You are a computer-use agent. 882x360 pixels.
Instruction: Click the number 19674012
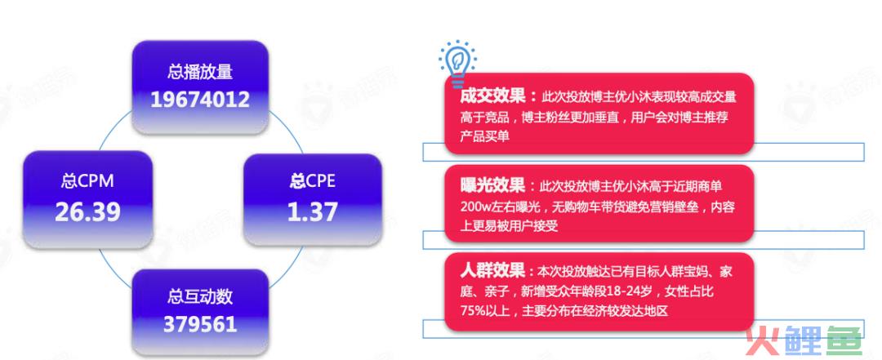pos(200,100)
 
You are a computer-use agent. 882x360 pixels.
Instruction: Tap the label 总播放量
pos(200,72)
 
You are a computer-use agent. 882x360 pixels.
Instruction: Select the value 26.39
pos(87,212)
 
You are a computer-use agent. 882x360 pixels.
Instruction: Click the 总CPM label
pos(87,181)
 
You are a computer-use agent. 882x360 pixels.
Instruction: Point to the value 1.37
pos(313,212)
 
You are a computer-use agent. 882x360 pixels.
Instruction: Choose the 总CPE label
pos(313,181)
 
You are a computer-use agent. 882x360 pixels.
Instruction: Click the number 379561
pos(200,325)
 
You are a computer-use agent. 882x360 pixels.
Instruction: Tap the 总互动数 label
pos(200,296)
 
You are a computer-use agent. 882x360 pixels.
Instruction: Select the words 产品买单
pos(485,136)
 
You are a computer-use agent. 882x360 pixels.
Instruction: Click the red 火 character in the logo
pos(763,340)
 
